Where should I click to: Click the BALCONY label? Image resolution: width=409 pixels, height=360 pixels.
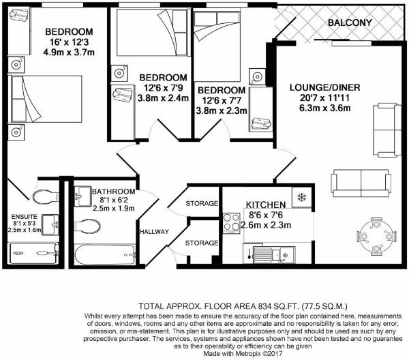coord(350,22)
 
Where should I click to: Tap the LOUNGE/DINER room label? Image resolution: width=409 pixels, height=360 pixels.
coord(324,87)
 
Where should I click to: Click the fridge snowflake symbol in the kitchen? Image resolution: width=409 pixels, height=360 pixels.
coord(301,198)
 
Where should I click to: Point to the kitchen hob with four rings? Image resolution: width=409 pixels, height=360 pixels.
coord(231,224)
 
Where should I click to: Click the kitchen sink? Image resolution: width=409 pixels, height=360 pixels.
coord(274,254)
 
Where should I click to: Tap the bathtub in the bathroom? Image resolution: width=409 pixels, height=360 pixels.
coord(104,254)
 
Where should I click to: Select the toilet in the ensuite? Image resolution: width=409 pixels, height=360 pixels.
coord(46,196)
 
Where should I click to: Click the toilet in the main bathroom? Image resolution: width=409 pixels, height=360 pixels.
coord(87,226)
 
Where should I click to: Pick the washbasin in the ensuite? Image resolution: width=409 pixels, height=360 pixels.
coord(50,224)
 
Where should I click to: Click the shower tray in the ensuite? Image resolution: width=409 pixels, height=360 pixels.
coord(33,253)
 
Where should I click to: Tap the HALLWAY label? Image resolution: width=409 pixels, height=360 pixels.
coord(155,232)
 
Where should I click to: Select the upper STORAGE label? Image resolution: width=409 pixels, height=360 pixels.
coord(202,203)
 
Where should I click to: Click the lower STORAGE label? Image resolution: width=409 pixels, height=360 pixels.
coord(201,243)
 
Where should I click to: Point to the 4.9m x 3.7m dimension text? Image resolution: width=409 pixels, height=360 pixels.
coord(69,52)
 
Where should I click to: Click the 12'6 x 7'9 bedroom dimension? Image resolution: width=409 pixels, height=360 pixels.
coord(164,88)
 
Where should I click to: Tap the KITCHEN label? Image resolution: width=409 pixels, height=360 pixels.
coord(266,205)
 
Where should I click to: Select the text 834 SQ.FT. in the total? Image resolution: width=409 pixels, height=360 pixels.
coord(279,306)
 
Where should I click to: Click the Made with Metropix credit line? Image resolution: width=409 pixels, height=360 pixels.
coord(243,354)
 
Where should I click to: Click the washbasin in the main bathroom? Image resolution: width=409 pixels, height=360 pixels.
coord(82,196)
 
